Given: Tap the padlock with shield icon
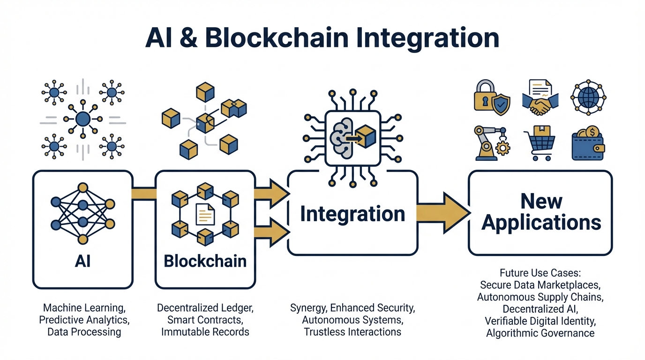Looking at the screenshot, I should tap(492, 97).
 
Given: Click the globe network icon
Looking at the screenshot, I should tap(588, 97).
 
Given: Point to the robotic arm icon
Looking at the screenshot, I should tap(491, 143).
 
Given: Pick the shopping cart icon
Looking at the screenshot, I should tap(540, 143).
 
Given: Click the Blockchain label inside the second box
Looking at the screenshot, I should tap(205, 261).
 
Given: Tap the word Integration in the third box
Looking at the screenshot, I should tap(352, 214).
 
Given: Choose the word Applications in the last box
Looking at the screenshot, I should tap(541, 222).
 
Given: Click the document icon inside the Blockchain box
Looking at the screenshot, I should tap(205, 215).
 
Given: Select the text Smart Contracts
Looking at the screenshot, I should tap(205, 320).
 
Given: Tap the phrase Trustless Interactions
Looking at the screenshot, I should tap(352, 332).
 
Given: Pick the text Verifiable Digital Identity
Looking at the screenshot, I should tap(540, 322).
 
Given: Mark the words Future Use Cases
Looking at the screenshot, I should tap(540, 273).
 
